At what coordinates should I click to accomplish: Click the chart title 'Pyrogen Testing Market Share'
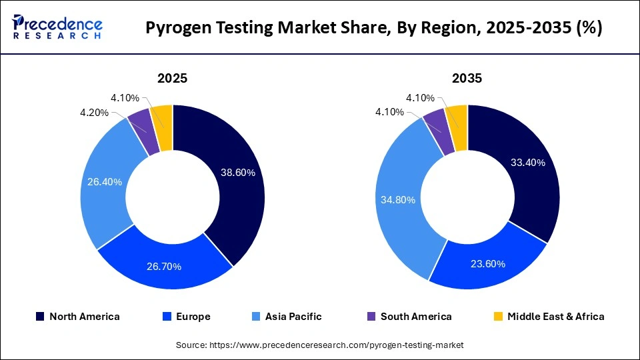click(x=373, y=29)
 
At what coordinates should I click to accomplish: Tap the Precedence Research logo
click(x=57, y=27)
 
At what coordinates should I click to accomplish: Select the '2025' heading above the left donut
click(x=172, y=78)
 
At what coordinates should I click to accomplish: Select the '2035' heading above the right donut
click(x=467, y=78)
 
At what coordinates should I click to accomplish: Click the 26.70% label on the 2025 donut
click(x=163, y=266)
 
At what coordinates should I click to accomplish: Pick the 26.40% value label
click(x=104, y=181)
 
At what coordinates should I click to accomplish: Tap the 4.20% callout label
click(x=94, y=113)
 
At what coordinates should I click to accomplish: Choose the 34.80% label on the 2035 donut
click(x=399, y=199)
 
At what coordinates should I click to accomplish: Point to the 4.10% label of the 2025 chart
click(x=125, y=98)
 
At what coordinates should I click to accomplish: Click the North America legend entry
click(x=78, y=317)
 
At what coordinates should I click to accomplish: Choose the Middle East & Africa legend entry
click(x=548, y=317)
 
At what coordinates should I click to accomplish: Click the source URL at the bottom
click(x=319, y=345)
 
